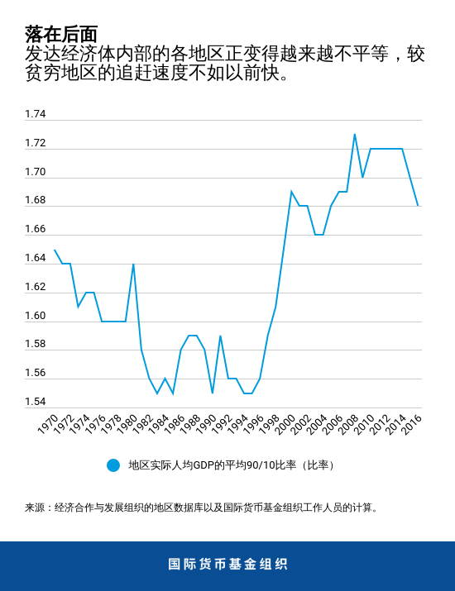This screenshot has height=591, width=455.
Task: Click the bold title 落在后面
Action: tap(61, 34)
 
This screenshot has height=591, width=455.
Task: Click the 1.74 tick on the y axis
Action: tap(36, 114)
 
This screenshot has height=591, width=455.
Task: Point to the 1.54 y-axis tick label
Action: tap(36, 402)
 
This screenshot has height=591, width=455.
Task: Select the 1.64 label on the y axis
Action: tap(36, 258)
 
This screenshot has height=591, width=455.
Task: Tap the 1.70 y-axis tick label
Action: tap(36, 172)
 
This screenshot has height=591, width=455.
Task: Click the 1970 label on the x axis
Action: tap(48, 424)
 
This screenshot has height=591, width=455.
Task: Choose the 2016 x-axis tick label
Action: tap(411, 424)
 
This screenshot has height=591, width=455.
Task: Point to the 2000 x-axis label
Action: tap(285, 424)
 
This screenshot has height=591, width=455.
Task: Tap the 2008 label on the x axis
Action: tap(348, 424)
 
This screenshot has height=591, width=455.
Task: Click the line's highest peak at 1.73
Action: tap(355, 134)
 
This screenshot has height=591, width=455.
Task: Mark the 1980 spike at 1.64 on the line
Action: tap(133, 264)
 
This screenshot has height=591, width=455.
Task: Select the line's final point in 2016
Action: tap(418, 206)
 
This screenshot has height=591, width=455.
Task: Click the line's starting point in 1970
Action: tap(55, 250)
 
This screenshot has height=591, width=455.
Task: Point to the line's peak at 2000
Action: tap(291, 192)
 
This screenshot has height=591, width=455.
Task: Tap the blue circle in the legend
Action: tap(113, 465)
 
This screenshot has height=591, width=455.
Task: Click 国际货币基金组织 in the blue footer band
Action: tap(227, 565)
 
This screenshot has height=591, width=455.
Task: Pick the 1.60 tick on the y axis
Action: tap(36, 316)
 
